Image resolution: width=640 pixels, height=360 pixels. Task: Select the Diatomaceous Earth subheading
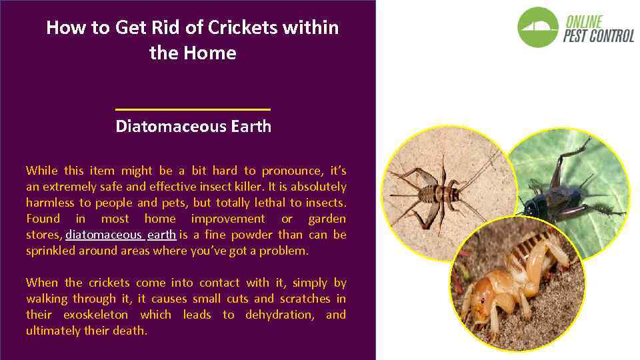click(x=193, y=127)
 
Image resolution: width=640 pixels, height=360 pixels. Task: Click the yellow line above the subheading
click(x=193, y=109)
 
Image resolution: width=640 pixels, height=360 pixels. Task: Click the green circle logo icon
click(x=538, y=27)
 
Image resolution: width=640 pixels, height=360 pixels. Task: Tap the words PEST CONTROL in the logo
click(x=598, y=36)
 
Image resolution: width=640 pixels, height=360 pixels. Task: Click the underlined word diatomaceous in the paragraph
click(x=103, y=235)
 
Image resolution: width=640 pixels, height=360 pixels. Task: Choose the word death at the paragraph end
click(x=136, y=331)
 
